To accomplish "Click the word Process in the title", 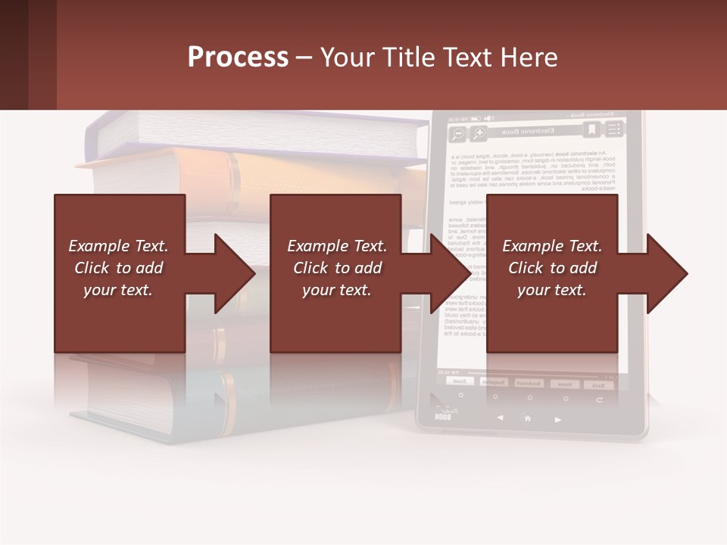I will pyautogui.click(x=238, y=57).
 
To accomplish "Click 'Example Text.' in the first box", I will pyautogui.click(x=119, y=246).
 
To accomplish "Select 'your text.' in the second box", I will pyautogui.click(x=336, y=290).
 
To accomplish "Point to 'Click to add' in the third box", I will pyautogui.click(x=552, y=268).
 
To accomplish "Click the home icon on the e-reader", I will pyautogui.click(x=528, y=418).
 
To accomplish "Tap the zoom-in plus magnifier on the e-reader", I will pyautogui.click(x=479, y=134).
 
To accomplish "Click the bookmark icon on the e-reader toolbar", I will pyautogui.click(x=591, y=131).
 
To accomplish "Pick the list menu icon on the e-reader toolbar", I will pyautogui.click(x=613, y=130).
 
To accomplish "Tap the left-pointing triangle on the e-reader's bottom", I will pyautogui.click(x=500, y=418).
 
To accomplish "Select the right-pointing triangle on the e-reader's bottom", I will pyautogui.click(x=558, y=419).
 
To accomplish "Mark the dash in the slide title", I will pyautogui.click(x=304, y=58).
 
